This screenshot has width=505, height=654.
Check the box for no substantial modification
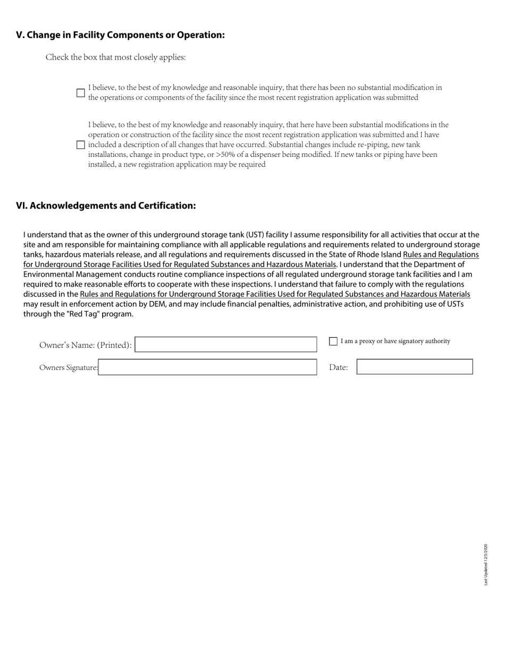tap(81, 93)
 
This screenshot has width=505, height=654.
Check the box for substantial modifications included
tap(81, 145)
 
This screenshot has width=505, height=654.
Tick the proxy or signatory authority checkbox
tap(333, 341)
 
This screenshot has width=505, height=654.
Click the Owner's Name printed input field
tap(226, 345)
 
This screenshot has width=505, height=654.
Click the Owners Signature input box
tap(207, 367)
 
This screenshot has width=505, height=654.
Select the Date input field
tap(415, 367)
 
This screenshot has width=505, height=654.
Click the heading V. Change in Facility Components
tap(120, 35)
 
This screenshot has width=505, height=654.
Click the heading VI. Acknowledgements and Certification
tap(106, 206)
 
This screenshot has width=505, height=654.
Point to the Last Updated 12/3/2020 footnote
tap(486, 564)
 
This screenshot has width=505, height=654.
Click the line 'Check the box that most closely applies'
tap(115, 57)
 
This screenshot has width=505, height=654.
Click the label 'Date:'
tap(339, 367)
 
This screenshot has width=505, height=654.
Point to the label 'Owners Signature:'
tap(69, 367)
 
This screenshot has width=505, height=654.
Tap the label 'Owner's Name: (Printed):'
tap(86, 345)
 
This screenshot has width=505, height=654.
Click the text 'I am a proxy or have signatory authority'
tap(395, 341)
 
